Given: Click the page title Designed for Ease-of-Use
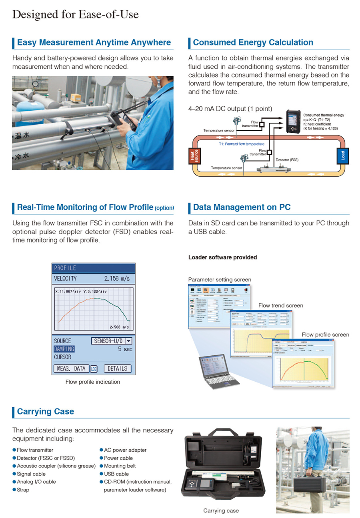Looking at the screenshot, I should pos(76,15).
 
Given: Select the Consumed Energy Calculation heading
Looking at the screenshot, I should pos(253,42).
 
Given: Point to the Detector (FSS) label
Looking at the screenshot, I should pos(287,160).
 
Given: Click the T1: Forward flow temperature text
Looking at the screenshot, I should pos(241,144).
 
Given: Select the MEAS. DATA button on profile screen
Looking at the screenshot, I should pos(71,369).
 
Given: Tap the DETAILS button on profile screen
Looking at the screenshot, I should pos(117,369).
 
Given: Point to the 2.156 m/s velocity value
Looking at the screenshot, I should pos(117,278).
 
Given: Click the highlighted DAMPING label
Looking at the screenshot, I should pos(64,349).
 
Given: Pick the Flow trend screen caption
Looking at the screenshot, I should pos(280,306).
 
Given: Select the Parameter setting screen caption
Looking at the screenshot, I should pos(220,279).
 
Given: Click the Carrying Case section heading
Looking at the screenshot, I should pos(45,412).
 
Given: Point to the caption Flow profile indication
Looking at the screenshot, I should pos(93,382).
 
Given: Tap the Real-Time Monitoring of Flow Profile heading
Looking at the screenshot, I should pos(85,207).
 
